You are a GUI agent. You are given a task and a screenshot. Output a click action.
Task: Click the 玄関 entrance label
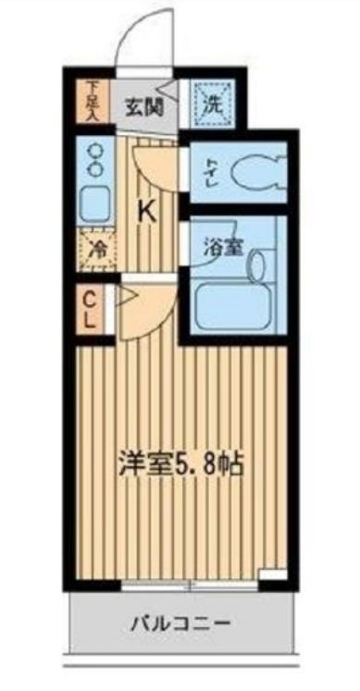point(145,104)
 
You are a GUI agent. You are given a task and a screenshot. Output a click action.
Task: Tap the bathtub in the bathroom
point(233,302)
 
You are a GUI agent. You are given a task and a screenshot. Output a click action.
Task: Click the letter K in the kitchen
point(147,211)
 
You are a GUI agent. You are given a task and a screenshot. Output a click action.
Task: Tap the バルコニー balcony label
point(180,623)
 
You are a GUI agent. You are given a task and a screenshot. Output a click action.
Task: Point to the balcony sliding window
point(190,584)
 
